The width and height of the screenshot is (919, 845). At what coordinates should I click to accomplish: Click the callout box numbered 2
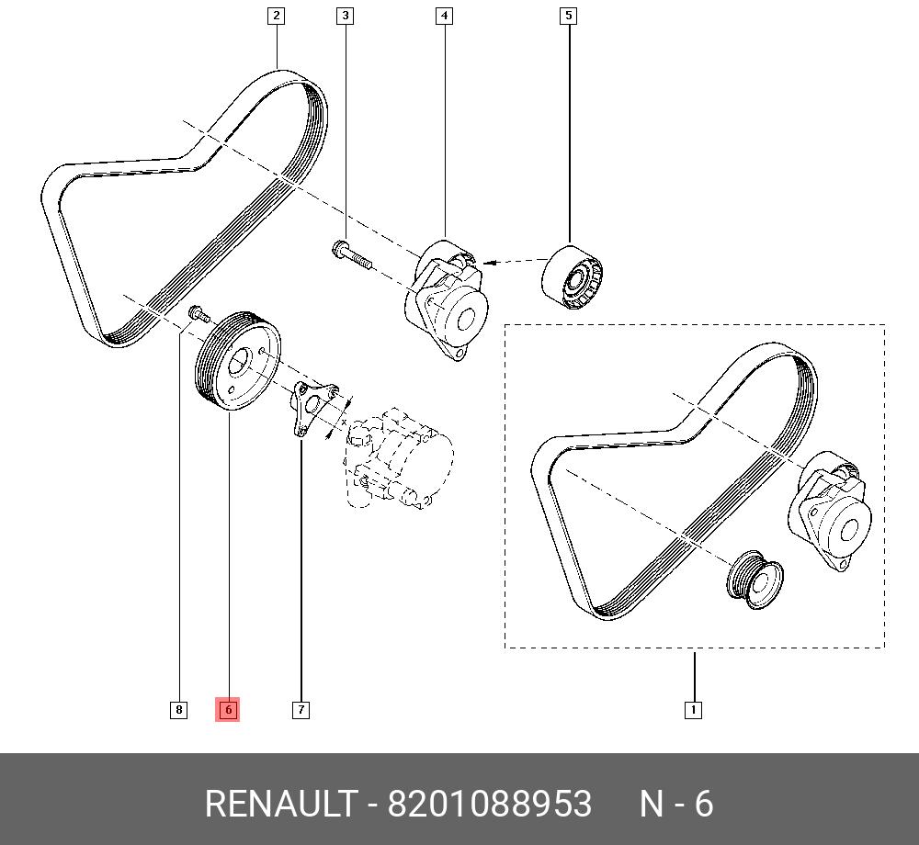tap(276, 16)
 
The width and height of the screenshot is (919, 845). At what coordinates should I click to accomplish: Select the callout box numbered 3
tap(345, 16)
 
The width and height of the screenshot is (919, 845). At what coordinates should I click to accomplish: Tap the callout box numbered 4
tap(444, 16)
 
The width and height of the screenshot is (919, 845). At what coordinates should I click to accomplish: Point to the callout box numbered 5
tap(568, 16)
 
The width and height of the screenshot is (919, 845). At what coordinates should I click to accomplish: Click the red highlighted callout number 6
tap(227, 709)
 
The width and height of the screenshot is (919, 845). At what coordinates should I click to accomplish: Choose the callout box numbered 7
tap(301, 709)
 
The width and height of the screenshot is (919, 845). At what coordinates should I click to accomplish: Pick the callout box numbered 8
tap(178, 709)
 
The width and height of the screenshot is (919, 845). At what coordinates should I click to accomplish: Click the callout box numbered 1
tap(694, 709)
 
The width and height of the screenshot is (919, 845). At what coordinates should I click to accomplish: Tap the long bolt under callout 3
tap(349, 254)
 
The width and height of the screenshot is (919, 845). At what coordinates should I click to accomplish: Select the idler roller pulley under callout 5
tap(573, 278)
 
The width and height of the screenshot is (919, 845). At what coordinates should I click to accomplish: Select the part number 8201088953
tap(489, 805)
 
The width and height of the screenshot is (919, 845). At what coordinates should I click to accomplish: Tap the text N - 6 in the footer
tap(676, 805)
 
